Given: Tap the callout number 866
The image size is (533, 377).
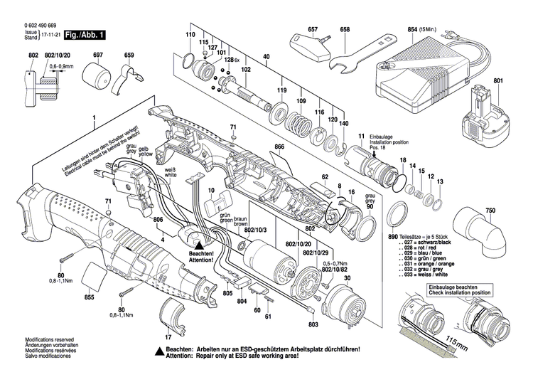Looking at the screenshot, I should click(x=279, y=147).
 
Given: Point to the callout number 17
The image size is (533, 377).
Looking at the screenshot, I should click(x=168, y=337).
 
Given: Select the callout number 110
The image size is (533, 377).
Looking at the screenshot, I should click(x=190, y=35).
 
